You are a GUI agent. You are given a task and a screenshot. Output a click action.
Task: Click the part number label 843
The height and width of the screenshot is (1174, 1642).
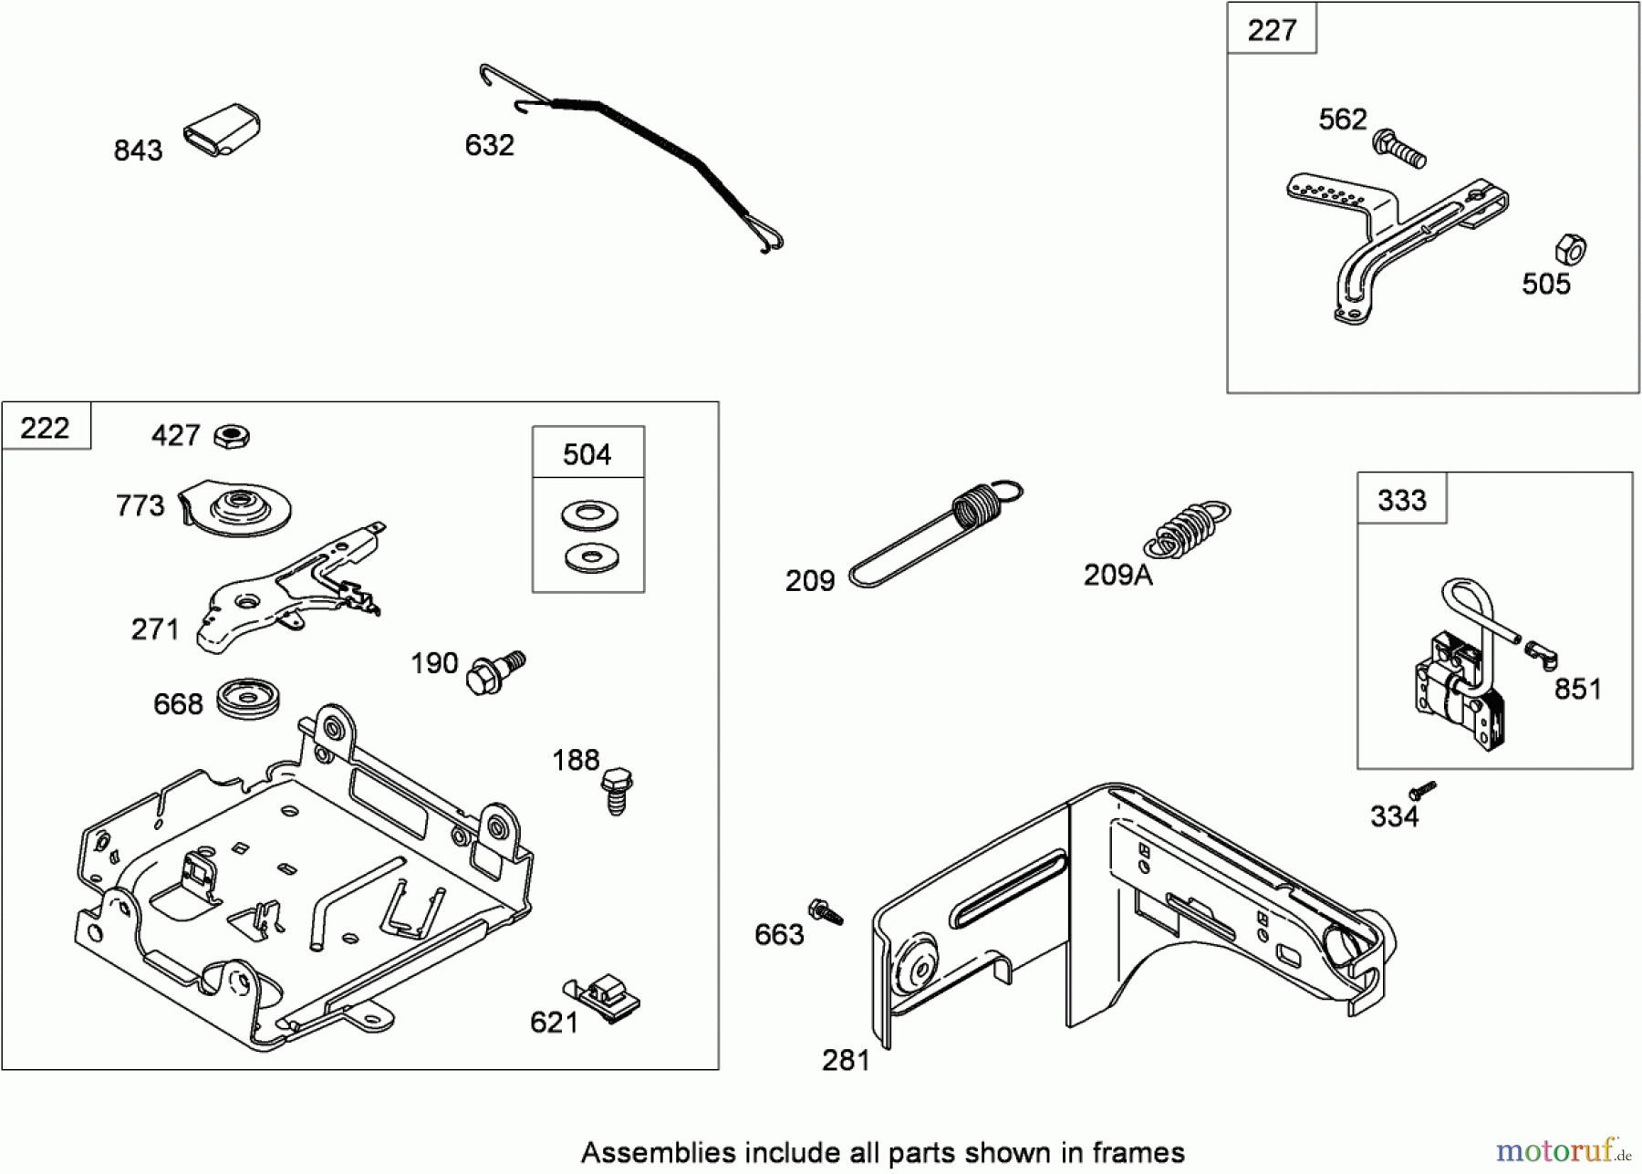tap(138, 150)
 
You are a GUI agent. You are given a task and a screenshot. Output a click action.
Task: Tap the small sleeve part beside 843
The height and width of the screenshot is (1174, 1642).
tap(222, 130)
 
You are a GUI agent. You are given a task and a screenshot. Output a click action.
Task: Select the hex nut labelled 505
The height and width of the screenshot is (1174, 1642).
tap(1570, 249)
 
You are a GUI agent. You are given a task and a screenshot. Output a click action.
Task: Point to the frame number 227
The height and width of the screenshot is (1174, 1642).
tap(1271, 30)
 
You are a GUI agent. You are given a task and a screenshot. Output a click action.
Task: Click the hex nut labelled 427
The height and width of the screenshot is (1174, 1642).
tap(232, 436)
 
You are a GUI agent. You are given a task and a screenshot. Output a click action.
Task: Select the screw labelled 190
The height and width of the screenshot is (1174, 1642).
tap(494, 672)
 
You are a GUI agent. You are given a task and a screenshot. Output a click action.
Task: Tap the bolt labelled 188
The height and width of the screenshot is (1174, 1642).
tap(618, 789)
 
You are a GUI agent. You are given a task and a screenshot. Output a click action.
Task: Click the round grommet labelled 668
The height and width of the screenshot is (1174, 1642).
tap(248, 699)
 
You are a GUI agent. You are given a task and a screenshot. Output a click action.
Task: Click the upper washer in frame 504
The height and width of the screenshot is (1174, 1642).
tap(589, 515)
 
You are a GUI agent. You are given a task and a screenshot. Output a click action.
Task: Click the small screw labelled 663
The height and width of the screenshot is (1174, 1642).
tap(825, 911)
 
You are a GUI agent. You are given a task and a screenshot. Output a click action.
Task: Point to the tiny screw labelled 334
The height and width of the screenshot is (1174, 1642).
tap(1421, 790)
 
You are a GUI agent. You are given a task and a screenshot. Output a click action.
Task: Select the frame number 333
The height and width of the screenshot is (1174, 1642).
tap(1401, 500)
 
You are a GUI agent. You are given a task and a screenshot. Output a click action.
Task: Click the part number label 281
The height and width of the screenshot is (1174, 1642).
tap(846, 1060)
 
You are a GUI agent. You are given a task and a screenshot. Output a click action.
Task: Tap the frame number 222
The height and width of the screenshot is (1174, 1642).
tap(45, 427)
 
